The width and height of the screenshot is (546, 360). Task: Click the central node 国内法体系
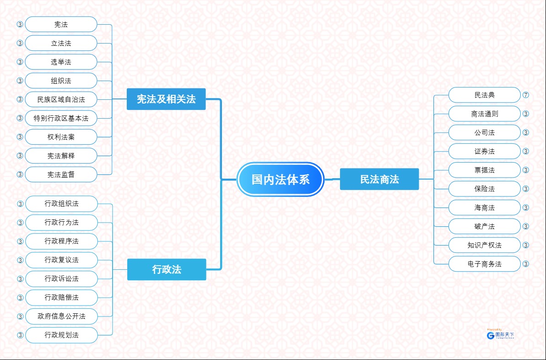tap(281, 179)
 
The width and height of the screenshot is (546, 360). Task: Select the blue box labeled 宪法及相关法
tap(166, 99)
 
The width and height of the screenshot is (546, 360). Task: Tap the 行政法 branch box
tap(167, 269)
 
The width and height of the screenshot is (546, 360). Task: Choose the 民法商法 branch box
tap(379, 179)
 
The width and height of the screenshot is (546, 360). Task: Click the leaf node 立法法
tap(61, 43)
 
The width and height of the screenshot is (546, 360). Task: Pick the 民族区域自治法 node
tap(61, 99)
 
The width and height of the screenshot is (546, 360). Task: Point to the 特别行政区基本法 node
tap(61, 118)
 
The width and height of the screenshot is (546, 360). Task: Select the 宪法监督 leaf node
tap(61, 175)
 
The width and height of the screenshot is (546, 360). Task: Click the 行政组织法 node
tap(61, 203)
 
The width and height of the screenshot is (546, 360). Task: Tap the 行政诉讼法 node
tap(61, 278)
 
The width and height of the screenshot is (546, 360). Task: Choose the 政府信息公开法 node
tap(61, 316)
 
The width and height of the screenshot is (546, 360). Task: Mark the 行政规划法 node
tap(61, 335)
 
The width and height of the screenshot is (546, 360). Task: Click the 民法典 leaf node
tap(485, 95)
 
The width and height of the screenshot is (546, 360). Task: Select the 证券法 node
tap(485, 151)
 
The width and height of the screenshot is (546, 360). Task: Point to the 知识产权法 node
tap(485, 245)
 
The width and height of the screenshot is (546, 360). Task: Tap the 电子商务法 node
tap(485, 264)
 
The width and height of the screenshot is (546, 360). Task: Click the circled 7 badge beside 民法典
tap(526, 95)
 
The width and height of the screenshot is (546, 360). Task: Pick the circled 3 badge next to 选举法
tap(20, 62)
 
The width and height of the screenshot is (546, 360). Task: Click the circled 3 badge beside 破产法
tap(526, 226)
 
